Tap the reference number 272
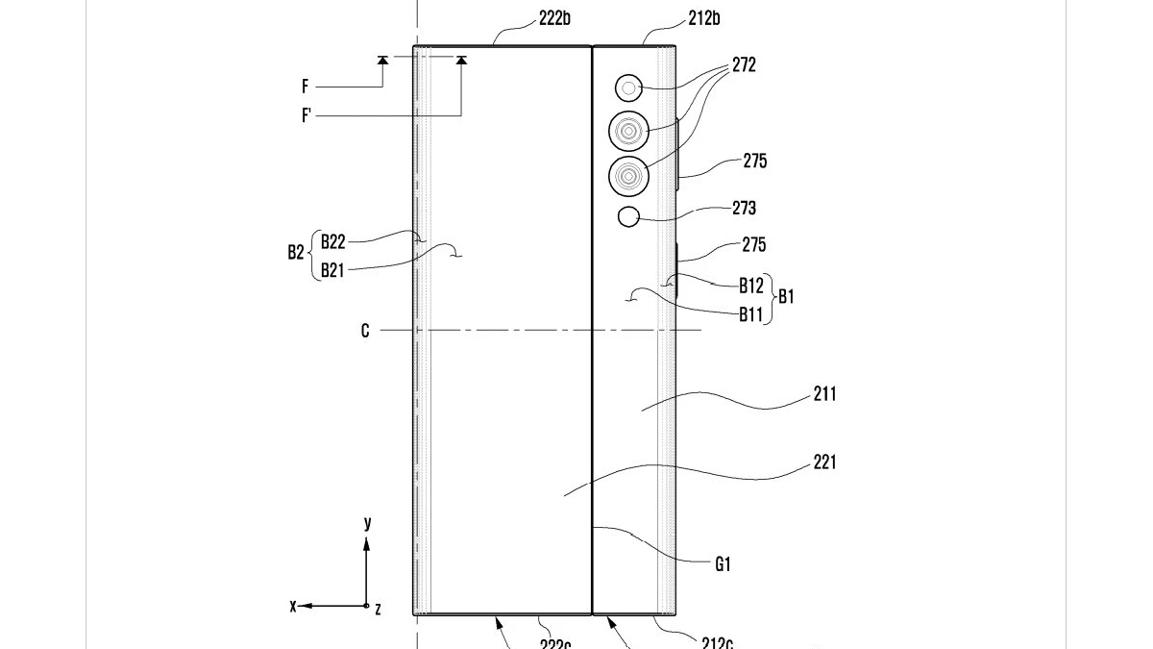[743, 65]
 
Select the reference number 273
[743, 208]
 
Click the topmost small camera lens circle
[628, 89]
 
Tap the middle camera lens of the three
[628, 130]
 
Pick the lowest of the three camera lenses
[628, 175]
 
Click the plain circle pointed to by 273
[628, 216]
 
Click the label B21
[332, 269]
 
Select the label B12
[750, 285]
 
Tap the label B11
[750, 312]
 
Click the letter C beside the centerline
[365, 331]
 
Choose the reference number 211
[823, 393]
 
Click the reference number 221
[823, 462]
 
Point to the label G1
[723, 565]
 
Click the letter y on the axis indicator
[367, 523]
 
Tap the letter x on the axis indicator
[293, 606]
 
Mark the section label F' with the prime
[307, 115]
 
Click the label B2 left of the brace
[296, 254]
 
